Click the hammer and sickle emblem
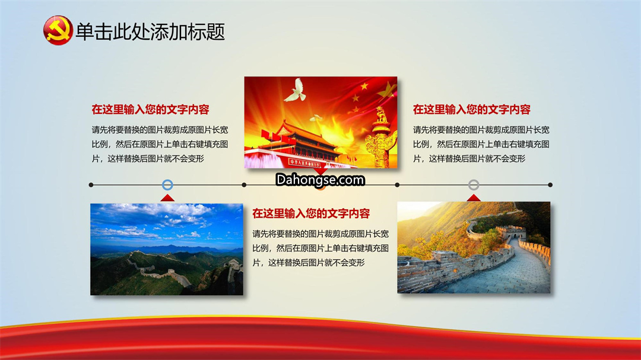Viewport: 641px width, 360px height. (x=58, y=31)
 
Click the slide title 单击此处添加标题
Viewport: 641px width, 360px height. (x=150, y=31)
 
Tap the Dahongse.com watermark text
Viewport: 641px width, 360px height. (x=320, y=180)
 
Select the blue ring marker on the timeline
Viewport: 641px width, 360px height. (x=167, y=184)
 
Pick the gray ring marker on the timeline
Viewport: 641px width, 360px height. (x=474, y=184)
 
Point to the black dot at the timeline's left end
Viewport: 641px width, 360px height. (x=91, y=184)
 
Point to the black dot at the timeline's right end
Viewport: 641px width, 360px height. (x=550, y=184)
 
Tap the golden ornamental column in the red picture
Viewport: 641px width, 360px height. (x=381, y=138)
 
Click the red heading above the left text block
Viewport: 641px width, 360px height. (x=150, y=110)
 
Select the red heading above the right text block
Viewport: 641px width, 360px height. (x=471, y=110)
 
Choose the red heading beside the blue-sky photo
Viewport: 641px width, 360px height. (x=310, y=214)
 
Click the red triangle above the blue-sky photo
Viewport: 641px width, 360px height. (x=167, y=199)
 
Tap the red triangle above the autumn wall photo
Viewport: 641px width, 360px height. (x=474, y=198)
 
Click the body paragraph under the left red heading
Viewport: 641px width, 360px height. (x=160, y=144)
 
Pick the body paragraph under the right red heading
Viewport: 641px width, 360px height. (x=481, y=144)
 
